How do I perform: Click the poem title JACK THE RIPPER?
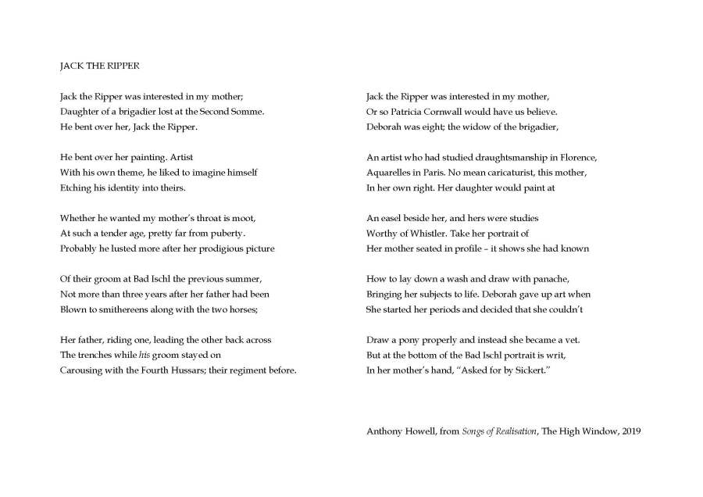(99, 66)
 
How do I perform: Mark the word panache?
(551, 278)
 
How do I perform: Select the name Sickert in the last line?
(533, 370)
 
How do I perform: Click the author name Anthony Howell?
(398, 431)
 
